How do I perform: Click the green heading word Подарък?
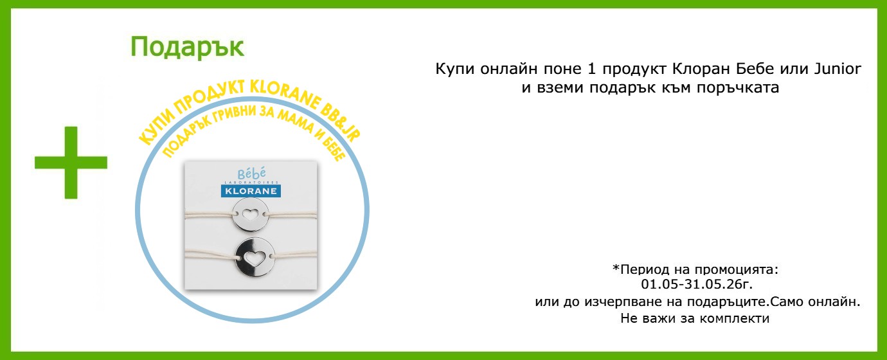coord(187,48)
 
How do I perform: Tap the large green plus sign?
coord(71,163)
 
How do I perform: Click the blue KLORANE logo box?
coord(251,191)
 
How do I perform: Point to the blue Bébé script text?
coord(252,174)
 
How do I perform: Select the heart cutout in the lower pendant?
coord(254,258)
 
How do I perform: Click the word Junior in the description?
coord(838,69)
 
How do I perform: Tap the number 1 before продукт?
coord(591,69)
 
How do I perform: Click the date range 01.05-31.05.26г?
coord(697,284)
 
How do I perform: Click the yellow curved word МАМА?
coord(296,120)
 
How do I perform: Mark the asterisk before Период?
coord(616,268)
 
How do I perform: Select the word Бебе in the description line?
coord(755,69)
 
